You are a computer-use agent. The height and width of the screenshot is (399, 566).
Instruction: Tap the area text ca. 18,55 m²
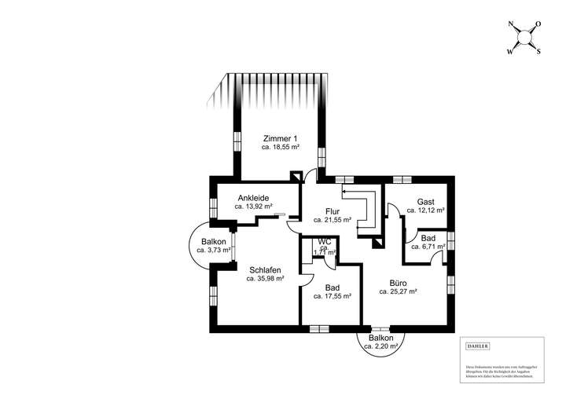(281, 147)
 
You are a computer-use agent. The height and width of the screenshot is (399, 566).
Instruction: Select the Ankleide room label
(253, 198)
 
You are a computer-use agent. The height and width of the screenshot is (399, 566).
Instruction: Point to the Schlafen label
(265, 269)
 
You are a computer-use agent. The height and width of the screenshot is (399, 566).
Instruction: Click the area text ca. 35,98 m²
(265, 279)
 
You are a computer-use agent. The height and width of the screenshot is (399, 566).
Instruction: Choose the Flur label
(332, 211)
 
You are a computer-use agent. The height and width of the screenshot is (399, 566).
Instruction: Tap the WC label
(324, 242)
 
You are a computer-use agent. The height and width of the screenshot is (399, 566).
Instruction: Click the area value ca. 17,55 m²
(332, 296)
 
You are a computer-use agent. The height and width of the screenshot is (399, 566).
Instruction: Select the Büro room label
(398, 282)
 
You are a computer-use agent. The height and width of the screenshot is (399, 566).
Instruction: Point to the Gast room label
(425, 202)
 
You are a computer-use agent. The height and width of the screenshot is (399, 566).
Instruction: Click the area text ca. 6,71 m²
(428, 247)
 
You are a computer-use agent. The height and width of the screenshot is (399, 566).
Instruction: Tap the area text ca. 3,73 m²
(213, 251)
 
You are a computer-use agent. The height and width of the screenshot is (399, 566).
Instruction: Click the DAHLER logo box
(478, 346)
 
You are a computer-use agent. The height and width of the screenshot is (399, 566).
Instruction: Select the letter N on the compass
(513, 25)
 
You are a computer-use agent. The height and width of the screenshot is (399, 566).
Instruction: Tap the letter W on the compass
(510, 52)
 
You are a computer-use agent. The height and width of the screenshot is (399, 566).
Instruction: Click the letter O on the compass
(540, 25)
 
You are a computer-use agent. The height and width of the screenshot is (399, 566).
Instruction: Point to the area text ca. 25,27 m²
(398, 291)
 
